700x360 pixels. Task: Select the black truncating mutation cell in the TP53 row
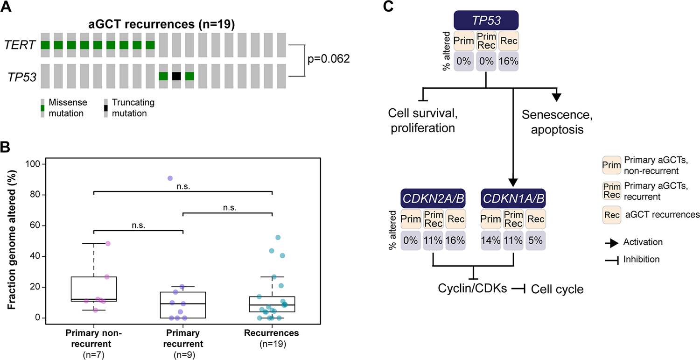176,76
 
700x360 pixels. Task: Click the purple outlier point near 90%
170,178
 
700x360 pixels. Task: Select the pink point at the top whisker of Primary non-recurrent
108,244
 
